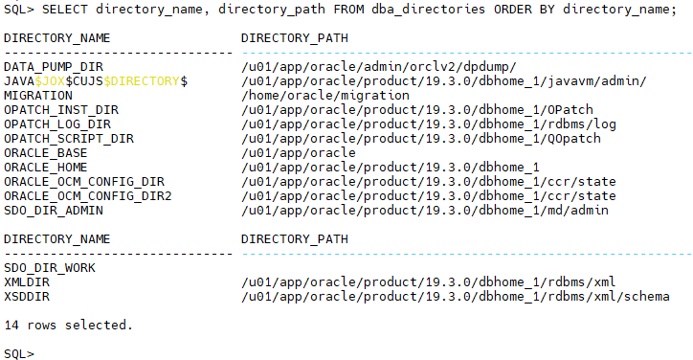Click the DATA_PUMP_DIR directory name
tap(54, 67)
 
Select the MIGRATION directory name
tap(38, 96)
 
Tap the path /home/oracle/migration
tap(325, 96)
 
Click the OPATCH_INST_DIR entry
tap(61, 110)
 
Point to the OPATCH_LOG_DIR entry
tap(57, 124)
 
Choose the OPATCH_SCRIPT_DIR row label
tap(69, 139)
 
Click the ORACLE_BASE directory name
tap(46, 153)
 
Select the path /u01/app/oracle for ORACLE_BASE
tap(299, 153)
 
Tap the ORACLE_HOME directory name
tap(46, 168)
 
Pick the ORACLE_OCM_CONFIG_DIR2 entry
tap(88, 196)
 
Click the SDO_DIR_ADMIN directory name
tap(54, 211)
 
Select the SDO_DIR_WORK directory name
tap(50, 268)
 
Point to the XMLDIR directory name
tap(27, 282)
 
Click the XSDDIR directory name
tap(27, 297)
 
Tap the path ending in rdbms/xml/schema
tap(456, 297)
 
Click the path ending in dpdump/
tap(379, 67)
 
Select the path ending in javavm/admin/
tap(444, 81)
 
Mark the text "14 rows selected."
tap(69, 326)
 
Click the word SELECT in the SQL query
tap(64, 10)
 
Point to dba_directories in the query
tap(428, 10)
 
